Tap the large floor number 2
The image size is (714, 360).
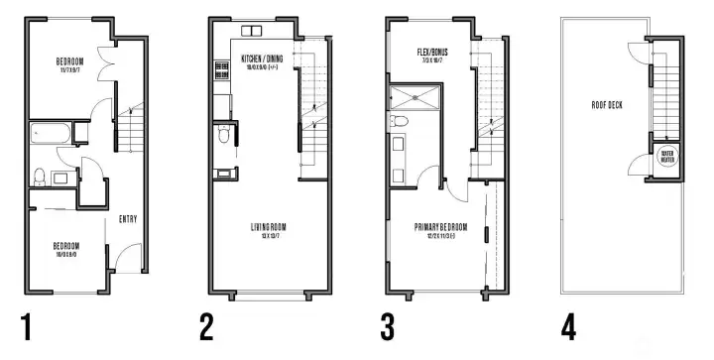pyautogui.click(x=206, y=326)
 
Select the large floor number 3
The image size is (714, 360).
pyautogui.click(x=390, y=326)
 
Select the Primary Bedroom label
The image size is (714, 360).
pyautogui.click(x=441, y=230)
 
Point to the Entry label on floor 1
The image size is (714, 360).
pyautogui.click(x=128, y=219)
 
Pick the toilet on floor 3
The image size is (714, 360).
pyautogui.click(x=400, y=121)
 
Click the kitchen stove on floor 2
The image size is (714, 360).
pyautogui.click(x=218, y=71)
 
